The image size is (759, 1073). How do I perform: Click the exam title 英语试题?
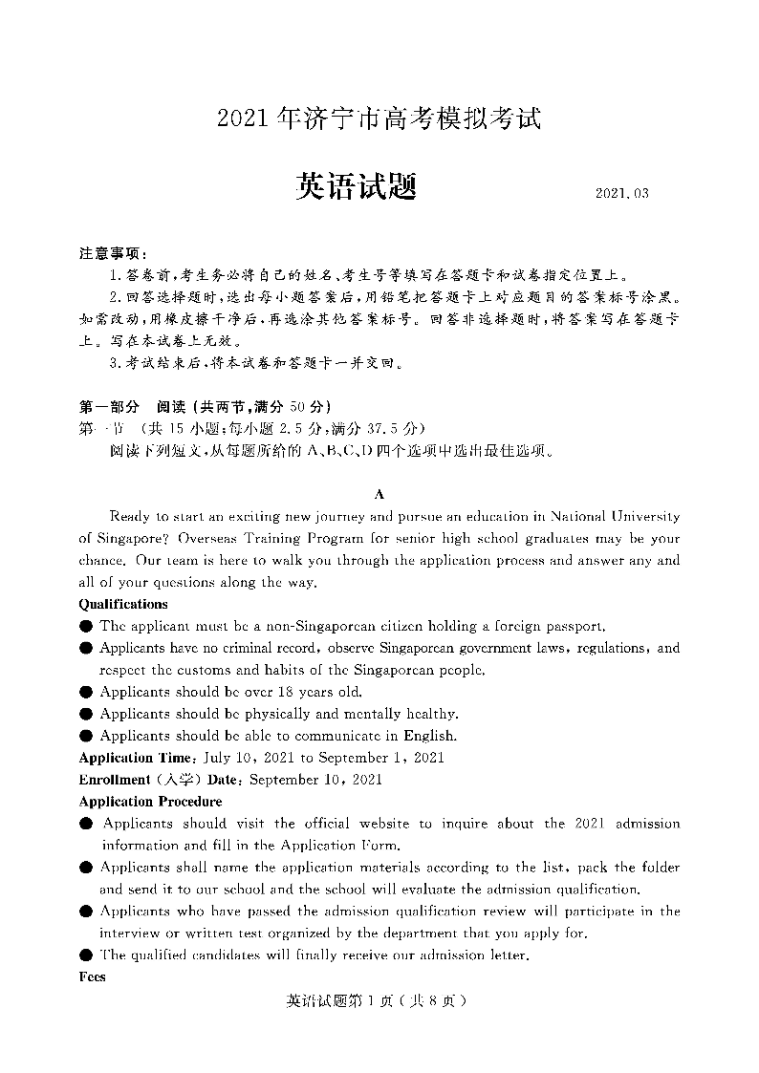[356, 185]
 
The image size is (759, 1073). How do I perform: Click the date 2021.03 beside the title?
[621, 193]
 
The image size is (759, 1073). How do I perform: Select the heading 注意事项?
[113, 253]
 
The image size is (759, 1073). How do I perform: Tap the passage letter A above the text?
[379, 494]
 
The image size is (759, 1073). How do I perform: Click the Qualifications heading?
[123, 604]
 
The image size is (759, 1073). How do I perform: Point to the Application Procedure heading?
[150, 802]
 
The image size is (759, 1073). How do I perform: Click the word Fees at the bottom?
[92, 976]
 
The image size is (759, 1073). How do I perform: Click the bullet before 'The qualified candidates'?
[86, 955]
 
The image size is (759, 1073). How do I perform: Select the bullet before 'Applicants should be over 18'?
[86, 692]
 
